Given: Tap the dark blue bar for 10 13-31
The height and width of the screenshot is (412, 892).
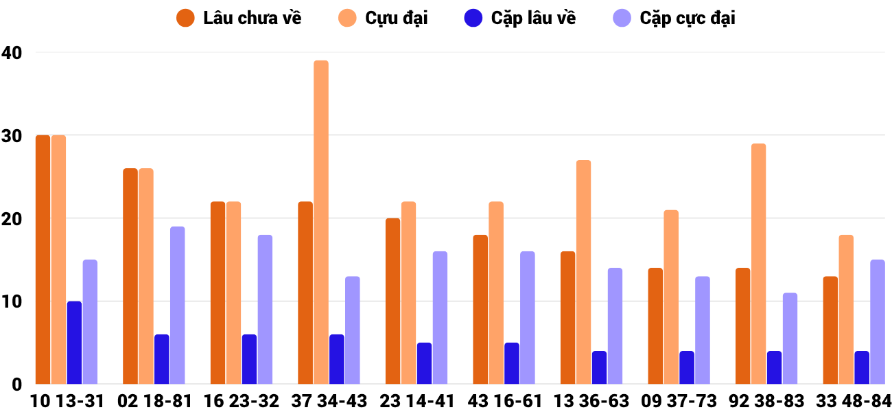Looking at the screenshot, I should [x=74, y=343].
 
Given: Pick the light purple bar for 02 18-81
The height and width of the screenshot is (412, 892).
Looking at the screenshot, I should [x=177, y=305].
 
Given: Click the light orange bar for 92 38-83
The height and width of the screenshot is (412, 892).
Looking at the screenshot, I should [x=758, y=264].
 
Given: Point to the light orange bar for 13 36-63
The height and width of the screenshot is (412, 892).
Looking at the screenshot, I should [x=583, y=272].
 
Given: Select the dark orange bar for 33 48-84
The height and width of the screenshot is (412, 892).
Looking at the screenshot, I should [x=830, y=330].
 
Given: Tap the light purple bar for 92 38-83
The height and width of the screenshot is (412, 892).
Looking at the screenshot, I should [x=790, y=339].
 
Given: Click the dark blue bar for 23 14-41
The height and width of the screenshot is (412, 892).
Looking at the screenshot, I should [x=424, y=363].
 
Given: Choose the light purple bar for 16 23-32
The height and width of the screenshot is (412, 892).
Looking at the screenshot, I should [x=265, y=309].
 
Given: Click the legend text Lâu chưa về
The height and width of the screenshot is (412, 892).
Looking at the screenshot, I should [x=252, y=19].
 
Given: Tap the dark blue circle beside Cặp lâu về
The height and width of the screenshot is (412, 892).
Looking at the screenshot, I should [x=474, y=19].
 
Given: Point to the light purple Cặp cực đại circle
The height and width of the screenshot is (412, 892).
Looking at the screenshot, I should [x=622, y=19].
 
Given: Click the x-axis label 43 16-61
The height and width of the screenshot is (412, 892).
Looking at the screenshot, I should [x=504, y=401].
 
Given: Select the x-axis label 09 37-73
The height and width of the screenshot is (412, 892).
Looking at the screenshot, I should [x=679, y=401].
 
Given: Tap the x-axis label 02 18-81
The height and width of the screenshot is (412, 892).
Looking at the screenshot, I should [x=154, y=401].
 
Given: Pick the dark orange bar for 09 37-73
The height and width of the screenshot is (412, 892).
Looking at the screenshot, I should [x=655, y=326].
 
